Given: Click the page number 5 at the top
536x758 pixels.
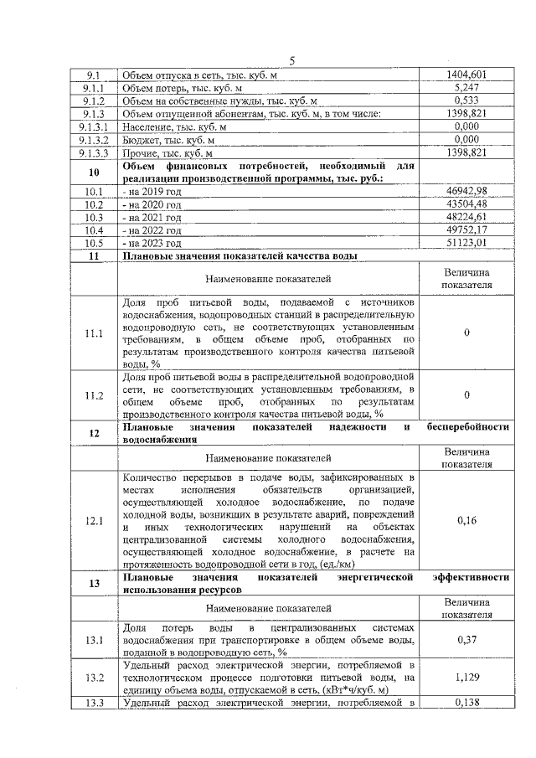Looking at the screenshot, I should pos(292,59).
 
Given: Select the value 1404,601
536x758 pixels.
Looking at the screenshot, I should pos(466,75).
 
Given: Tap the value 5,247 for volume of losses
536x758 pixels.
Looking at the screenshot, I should pos(466,87).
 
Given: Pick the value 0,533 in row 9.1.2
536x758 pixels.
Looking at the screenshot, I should pos(466,101).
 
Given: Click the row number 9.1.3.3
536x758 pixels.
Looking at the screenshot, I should pos(92,153).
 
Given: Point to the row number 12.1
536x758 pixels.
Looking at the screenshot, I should pos(92,520).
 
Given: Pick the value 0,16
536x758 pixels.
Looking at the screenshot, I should pos(466,520).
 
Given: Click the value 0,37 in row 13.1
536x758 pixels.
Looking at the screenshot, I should pos(466,642).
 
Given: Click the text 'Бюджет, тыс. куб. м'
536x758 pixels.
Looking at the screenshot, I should pos(168,140).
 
